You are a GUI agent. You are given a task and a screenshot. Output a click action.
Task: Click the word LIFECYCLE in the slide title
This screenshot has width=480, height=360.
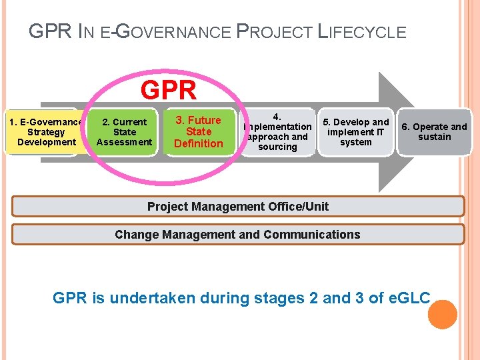click(x=361, y=31)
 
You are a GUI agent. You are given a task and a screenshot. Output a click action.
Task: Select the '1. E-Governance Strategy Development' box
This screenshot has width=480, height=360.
click(x=47, y=132)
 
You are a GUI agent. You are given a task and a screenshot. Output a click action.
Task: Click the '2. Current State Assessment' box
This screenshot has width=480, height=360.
click(x=125, y=132)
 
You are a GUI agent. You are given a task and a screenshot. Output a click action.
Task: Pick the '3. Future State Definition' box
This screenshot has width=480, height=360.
click(x=199, y=132)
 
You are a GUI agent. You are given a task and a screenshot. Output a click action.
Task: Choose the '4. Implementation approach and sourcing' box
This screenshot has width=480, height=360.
click(x=277, y=132)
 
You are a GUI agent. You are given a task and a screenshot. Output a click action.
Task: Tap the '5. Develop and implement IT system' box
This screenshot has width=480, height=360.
click(x=355, y=132)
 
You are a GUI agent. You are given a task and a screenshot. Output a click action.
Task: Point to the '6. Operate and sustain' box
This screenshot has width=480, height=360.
click(x=434, y=132)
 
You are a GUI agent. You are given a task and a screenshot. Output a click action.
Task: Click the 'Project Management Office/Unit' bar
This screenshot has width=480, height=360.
click(x=238, y=206)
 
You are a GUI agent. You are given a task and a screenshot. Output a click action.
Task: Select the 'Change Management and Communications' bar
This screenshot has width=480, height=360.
click(x=238, y=234)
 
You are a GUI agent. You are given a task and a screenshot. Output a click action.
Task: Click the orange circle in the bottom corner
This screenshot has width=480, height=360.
click(x=442, y=315)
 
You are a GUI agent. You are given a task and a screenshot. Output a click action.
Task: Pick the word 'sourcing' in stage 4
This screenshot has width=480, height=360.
click(x=277, y=147)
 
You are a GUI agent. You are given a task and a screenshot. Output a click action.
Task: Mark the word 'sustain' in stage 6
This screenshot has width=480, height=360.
click(x=435, y=137)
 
